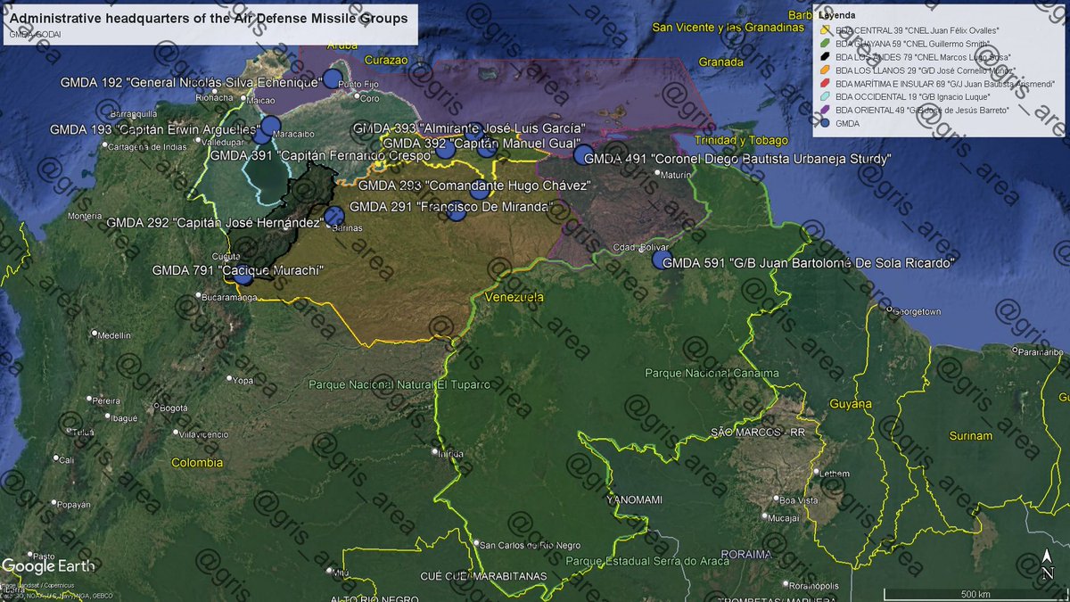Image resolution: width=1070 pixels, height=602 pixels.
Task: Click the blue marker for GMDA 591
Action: (x=661, y=260)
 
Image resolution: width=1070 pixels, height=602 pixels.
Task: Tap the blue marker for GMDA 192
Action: (x=333, y=78)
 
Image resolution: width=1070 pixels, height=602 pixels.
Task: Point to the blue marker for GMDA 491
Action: (x=583, y=155)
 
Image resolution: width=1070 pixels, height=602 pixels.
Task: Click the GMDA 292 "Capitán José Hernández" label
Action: (x=213, y=223)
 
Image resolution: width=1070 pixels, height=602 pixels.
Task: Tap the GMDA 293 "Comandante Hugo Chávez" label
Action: (x=473, y=186)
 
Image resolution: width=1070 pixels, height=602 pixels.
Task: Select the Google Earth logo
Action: (x=42, y=565)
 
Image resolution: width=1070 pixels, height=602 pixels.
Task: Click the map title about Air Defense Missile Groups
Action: (x=208, y=18)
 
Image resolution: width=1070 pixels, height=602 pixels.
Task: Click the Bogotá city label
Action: (x=174, y=408)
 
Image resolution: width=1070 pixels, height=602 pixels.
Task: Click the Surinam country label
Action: (x=970, y=436)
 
